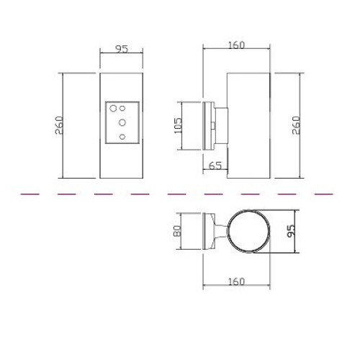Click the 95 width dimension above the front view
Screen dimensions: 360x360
[122, 49]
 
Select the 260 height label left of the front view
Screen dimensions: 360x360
[59, 125]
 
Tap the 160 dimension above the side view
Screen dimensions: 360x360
[236, 45]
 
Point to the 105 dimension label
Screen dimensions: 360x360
[178, 125]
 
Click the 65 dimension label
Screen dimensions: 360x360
[215, 166]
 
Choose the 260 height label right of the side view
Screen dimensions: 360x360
[296, 125]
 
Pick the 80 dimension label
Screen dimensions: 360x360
[178, 231]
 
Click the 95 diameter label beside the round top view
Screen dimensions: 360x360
[291, 231]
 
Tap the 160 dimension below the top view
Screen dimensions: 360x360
[236, 282]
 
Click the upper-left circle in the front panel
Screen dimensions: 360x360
[113, 108]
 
